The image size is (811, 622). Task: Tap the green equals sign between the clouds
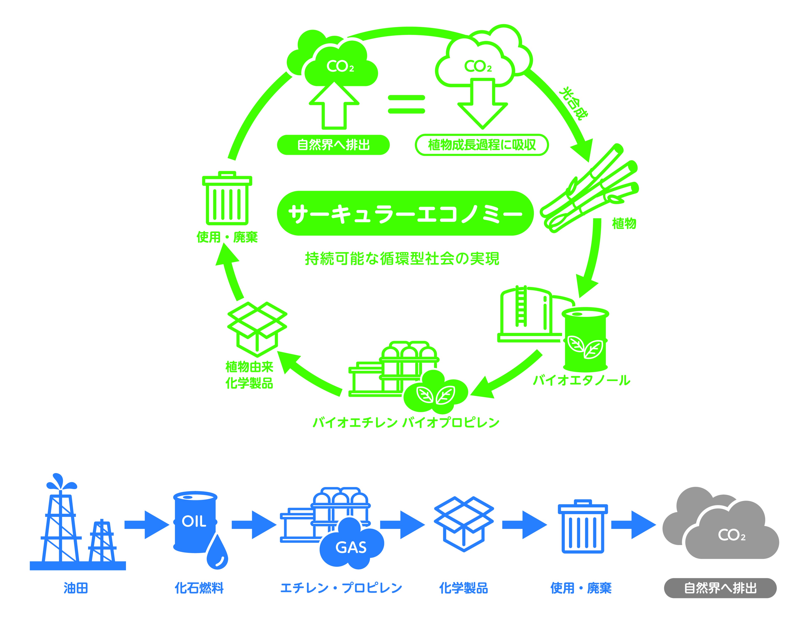pos(406,104)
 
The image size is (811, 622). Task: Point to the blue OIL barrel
pos(195,522)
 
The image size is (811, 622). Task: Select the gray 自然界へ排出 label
pos(720,588)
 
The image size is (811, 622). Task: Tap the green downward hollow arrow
pos(482,104)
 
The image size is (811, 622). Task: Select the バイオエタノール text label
pos(581,381)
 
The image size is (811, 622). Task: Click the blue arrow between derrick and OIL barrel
pos(146,525)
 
